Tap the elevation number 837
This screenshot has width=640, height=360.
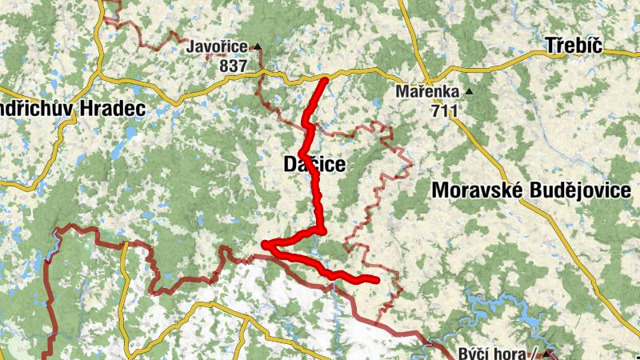click(x=232, y=66)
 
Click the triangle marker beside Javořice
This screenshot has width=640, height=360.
click(x=257, y=46)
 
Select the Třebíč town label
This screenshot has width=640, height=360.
click(x=573, y=45)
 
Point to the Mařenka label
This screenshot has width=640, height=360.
click(x=428, y=91)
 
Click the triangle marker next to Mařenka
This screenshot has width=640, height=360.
click(x=469, y=91)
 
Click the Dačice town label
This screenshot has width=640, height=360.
click(x=315, y=165)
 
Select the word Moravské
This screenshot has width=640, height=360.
click(x=476, y=190)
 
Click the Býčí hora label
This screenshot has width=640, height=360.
click(x=493, y=354)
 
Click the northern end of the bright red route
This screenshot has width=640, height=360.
click(x=325, y=81)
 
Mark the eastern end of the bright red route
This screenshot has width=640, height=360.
click(x=375, y=279)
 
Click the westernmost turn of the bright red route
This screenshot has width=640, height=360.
click(x=266, y=245)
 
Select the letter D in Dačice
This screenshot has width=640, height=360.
click(x=291, y=165)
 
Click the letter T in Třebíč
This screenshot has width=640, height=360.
click(x=550, y=45)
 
